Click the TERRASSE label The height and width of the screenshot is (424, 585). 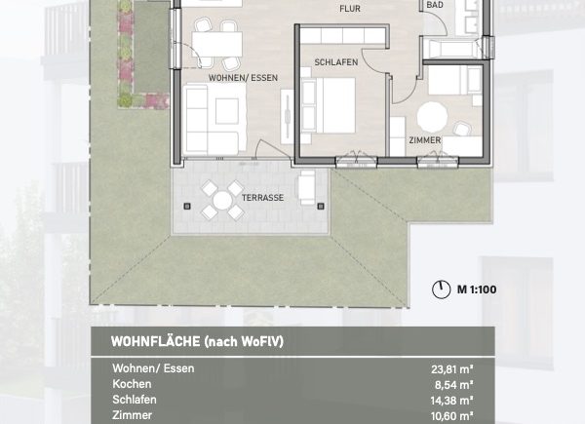tap(262, 198)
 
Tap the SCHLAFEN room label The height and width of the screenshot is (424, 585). tap(336, 62)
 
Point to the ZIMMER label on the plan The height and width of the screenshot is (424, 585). tap(425, 140)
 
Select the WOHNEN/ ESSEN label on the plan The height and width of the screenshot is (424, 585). tap(243, 78)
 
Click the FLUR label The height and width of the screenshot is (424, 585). tap(350, 9)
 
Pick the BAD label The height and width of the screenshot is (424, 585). tap(435, 5)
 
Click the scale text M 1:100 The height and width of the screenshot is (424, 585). tap(477, 289)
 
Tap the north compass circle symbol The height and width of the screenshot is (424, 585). tap(442, 289)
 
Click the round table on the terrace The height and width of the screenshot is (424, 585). tap(222, 200)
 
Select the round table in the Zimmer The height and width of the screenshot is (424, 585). tap(432, 117)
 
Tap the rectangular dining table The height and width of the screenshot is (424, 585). tap(217, 44)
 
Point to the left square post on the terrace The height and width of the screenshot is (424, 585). tap(187, 207)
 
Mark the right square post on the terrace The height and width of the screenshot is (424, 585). tap(321, 206)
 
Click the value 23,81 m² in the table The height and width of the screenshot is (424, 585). tap(452, 369)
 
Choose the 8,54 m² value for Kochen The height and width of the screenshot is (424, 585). tap(454, 385)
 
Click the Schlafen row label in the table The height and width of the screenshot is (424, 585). tap(135, 400)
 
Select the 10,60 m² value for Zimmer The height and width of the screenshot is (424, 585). tap(452, 416)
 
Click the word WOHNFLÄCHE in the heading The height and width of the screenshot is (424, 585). tap(156, 341)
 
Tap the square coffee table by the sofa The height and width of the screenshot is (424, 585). tap(227, 111)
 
